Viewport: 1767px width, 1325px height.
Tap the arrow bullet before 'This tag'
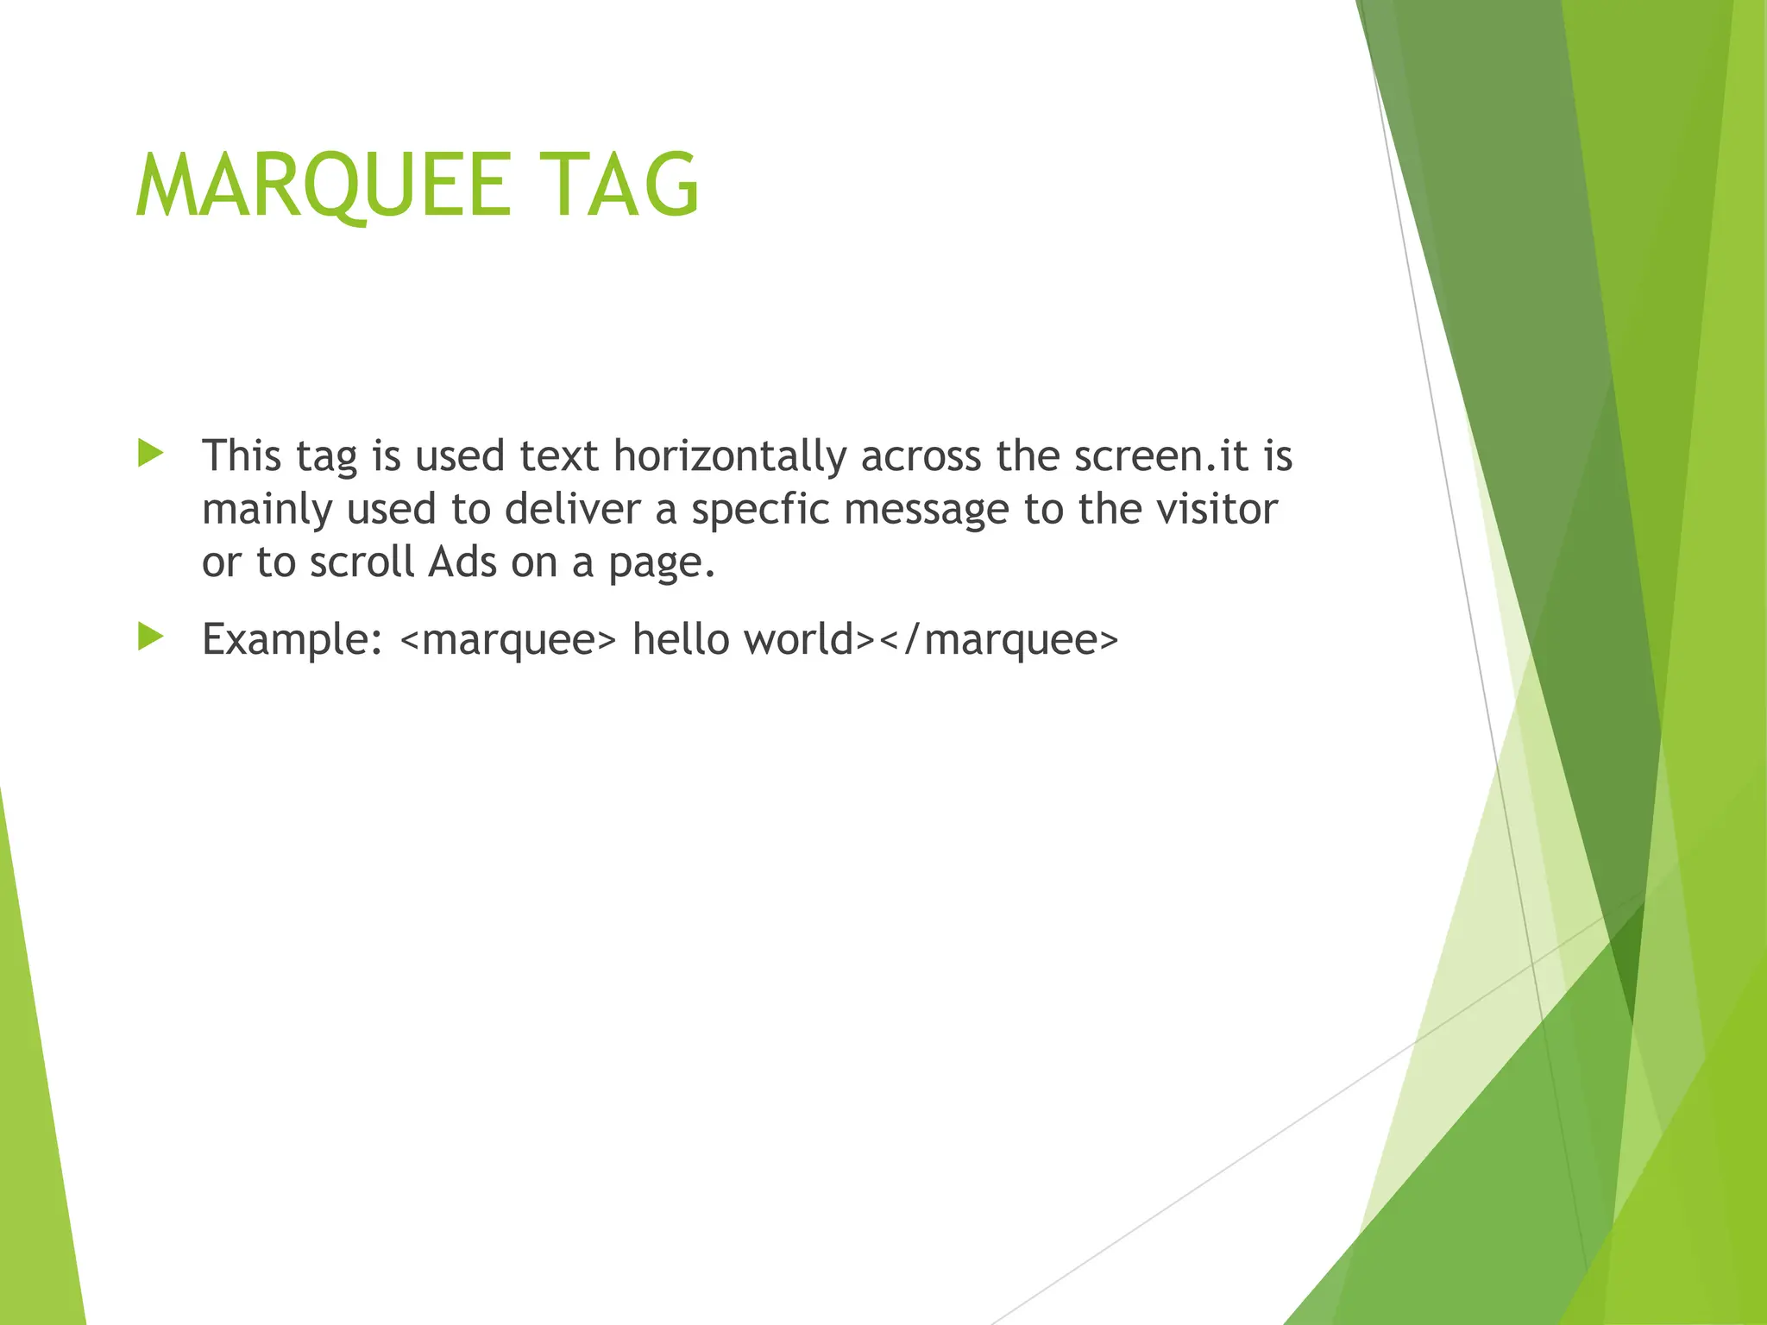click(150, 453)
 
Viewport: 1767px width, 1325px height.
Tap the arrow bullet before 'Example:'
click(150, 637)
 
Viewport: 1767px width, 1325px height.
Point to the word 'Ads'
click(462, 562)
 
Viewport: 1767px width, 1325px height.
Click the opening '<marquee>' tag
click(509, 640)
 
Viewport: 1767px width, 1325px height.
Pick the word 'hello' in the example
click(681, 639)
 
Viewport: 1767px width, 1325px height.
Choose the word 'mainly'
click(267, 510)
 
